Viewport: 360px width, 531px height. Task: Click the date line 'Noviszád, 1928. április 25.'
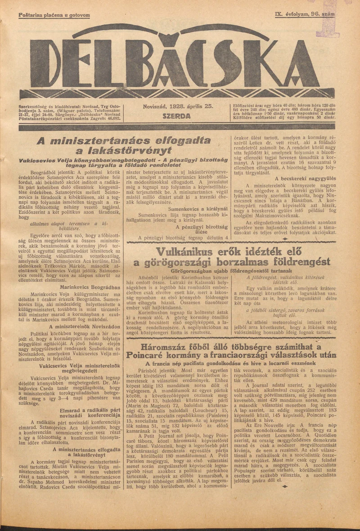pos(177,107)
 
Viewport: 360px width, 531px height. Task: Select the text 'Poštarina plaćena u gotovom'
pos(54,15)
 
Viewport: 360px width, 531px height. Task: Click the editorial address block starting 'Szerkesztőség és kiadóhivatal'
pos(70,113)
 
